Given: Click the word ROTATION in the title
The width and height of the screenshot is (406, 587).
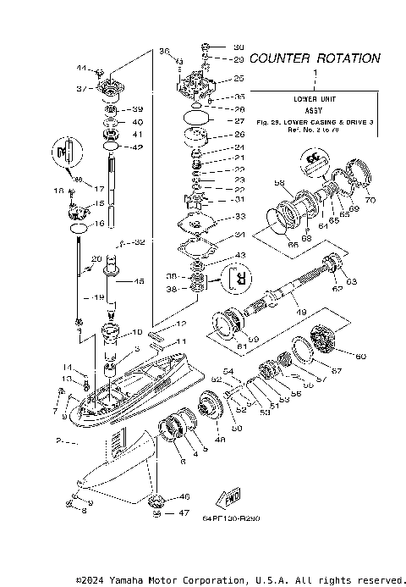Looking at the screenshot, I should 348,58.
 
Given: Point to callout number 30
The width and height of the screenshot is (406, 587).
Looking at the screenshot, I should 238,47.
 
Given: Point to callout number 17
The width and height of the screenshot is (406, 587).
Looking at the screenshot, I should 98,188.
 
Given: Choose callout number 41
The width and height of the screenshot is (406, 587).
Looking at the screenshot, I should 139,135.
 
